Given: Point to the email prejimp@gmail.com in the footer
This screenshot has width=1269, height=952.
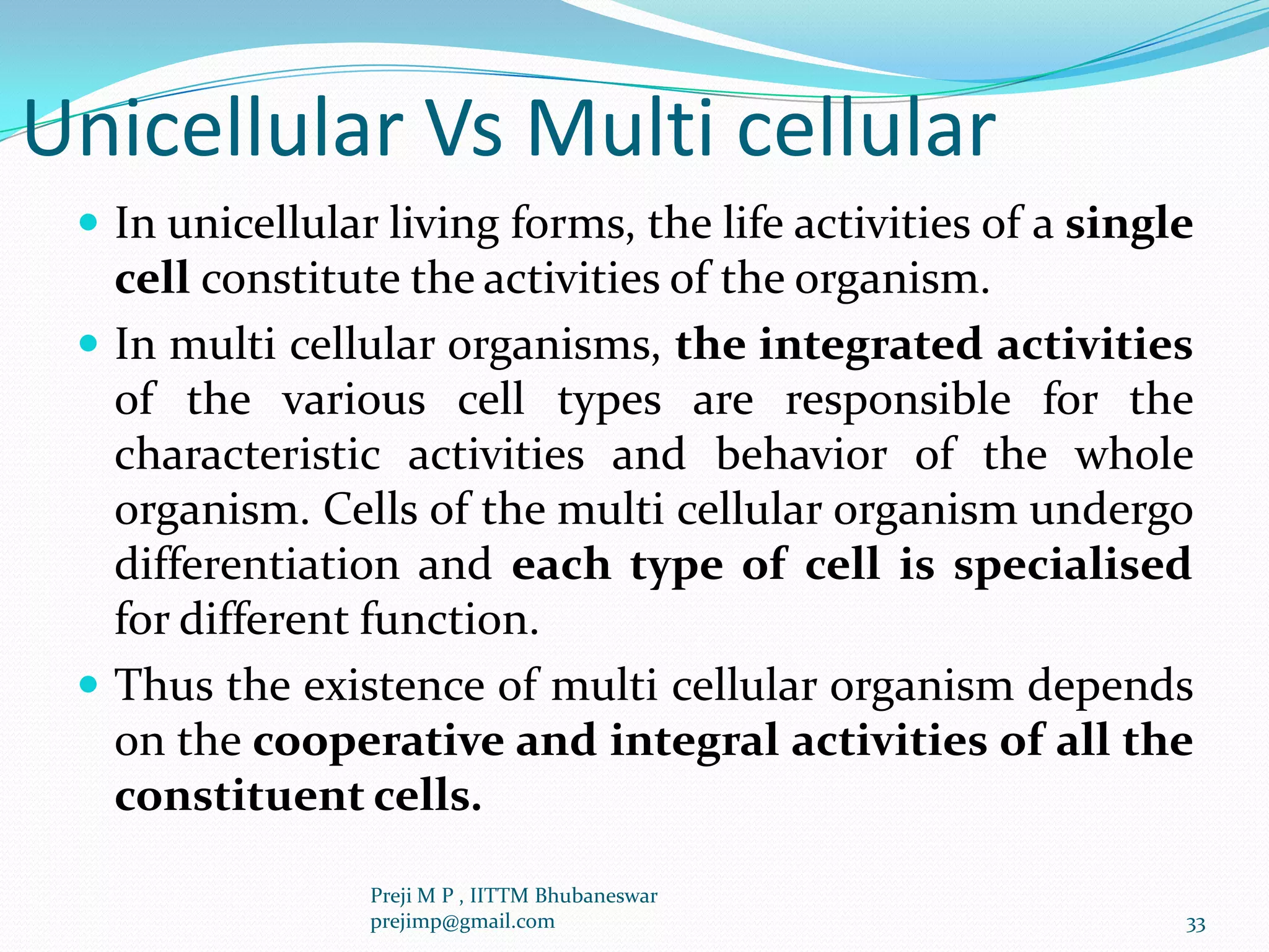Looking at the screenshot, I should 462,922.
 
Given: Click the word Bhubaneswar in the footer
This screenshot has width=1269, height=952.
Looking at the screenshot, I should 595,896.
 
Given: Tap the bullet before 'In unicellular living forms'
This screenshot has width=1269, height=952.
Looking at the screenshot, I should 89,221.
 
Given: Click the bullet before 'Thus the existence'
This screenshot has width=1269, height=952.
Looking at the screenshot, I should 89,684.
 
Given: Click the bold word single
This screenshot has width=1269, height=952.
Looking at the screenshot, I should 1129,224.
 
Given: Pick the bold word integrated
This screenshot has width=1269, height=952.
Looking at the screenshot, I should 870,345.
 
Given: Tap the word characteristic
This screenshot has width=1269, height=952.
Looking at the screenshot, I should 247,455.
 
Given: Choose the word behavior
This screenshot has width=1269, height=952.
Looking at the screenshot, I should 801,455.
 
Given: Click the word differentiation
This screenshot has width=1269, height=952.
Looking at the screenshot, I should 257,565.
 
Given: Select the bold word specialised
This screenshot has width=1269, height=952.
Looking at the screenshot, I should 1073,566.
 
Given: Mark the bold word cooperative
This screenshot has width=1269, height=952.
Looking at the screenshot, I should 379,741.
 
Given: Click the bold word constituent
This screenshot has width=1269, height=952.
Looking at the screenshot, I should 239,796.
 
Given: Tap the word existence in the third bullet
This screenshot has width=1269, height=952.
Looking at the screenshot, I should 393,686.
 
